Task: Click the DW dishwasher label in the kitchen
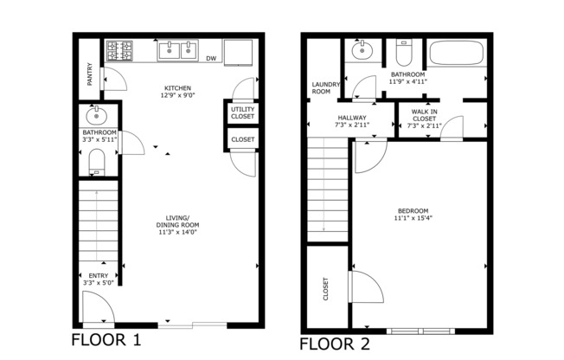pyautogui.click(x=211, y=59)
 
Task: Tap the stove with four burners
pyautogui.click(x=119, y=51)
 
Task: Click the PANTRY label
pyautogui.click(x=90, y=74)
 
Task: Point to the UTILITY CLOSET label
pyautogui.click(x=243, y=112)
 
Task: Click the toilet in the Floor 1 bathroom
pyautogui.click(x=96, y=161)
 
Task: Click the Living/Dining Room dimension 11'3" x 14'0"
pyautogui.click(x=178, y=232)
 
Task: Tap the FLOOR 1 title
pyautogui.click(x=106, y=339)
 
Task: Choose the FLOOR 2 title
pyautogui.click(x=334, y=344)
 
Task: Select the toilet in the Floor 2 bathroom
pyautogui.click(x=404, y=55)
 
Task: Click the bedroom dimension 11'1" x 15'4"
pyautogui.click(x=413, y=219)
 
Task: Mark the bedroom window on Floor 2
pyautogui.click(x=420, y=331)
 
